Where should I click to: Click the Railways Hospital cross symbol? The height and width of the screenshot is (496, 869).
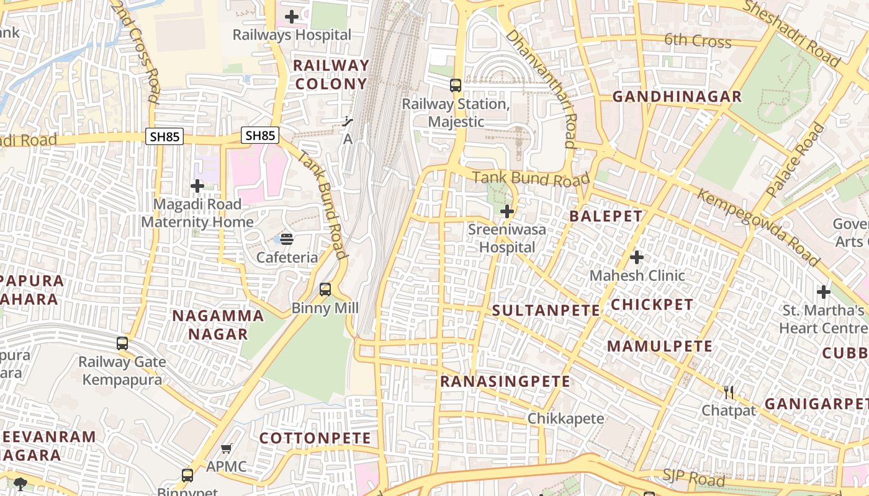coord(291,17)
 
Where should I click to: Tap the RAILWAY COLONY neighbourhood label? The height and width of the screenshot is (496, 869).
coord(331,74)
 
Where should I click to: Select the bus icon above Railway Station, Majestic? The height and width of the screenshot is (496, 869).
coord(456,86)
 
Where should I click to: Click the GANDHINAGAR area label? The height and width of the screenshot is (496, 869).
coord(677,97)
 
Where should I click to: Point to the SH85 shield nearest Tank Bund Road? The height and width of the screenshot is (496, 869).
coord(260,135)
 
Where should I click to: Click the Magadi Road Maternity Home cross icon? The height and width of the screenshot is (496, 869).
coord(197,185)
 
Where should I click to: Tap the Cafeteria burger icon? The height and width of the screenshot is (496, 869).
coord(287,239)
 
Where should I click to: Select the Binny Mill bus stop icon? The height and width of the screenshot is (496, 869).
coord(325,290)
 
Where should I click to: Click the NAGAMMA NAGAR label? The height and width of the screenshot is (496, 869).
coord(218,325)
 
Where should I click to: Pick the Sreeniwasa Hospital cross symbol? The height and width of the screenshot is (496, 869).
coord(507,211)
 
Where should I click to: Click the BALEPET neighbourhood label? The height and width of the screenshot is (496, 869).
coord(606,216)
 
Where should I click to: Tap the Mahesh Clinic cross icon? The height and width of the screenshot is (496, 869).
coord(637,257)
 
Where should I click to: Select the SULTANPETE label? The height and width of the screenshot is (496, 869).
coord(546,311)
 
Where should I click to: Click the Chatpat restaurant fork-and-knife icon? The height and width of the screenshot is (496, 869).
coord(729,392)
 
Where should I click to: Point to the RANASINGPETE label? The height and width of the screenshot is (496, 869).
coord(505,382)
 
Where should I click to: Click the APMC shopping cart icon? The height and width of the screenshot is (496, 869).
coord(227,448)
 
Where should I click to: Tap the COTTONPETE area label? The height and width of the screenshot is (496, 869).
coord(315,438)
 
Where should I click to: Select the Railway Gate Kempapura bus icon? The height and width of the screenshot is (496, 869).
coord(122,343)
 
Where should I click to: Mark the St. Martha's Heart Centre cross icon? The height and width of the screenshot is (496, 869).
coord(823,291)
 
